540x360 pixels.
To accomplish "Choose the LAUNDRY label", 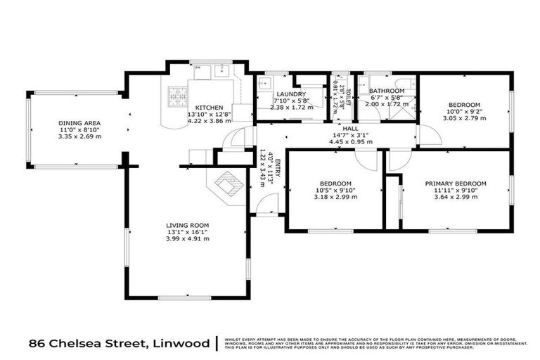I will tap(290, 94).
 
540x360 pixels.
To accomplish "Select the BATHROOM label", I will tap(387, 91).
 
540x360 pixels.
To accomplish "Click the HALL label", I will tap(350, 129).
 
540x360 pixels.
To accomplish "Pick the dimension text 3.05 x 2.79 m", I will tap(462, 118).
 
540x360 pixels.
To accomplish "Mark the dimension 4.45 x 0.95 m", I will tap(350, 141).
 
